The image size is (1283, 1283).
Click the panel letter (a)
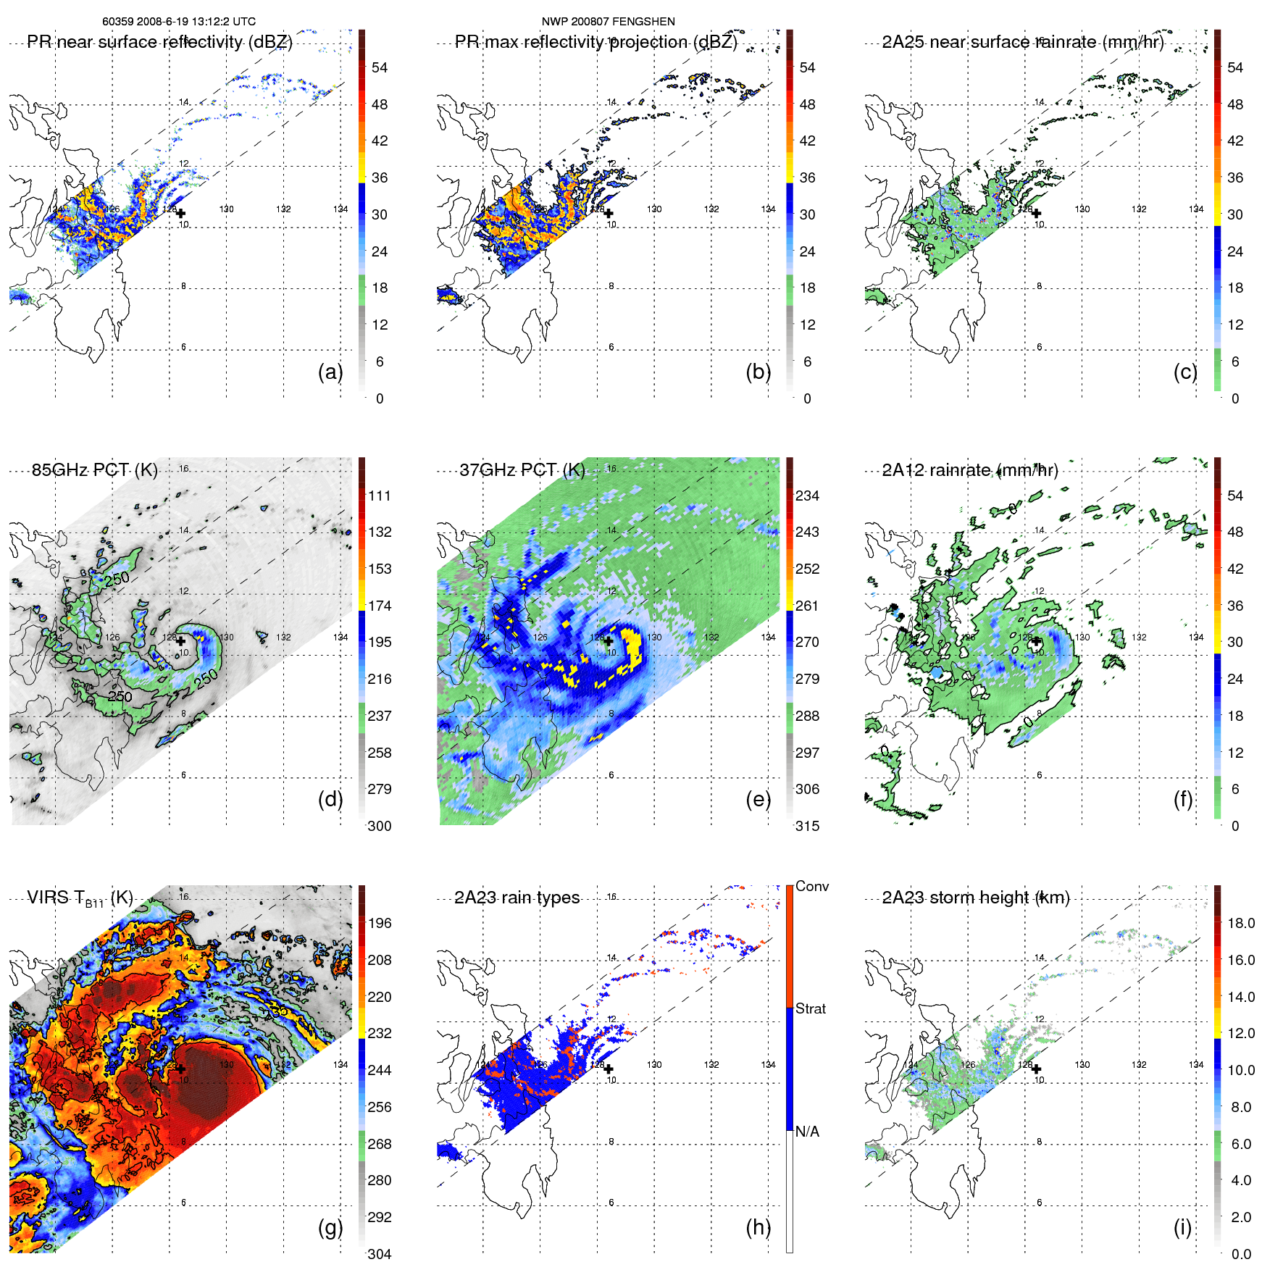pos(330,372)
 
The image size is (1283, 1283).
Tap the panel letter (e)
pos(758,800)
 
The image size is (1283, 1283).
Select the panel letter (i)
pos(1182,1227)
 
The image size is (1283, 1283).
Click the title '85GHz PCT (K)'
pos(94,469)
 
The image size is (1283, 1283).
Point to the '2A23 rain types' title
pos(517,898)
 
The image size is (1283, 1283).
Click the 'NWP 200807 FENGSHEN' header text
pos(608,22)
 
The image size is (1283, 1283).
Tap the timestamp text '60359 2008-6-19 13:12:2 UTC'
pos(179,22)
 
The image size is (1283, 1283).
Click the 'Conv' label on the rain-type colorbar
pos(811,886)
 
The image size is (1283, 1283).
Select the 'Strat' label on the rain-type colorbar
pos(810,1008)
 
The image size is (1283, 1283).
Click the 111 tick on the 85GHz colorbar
pos(380,496)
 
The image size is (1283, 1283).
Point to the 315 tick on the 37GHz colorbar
pos(807,826)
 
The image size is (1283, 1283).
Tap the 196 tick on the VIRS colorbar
pos(380,923)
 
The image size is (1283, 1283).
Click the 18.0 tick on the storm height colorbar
pos(1240,923)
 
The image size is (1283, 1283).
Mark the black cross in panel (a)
pos(180,213)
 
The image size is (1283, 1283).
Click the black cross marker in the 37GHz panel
pos(609,640)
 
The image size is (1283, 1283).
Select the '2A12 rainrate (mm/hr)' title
pos(969,470)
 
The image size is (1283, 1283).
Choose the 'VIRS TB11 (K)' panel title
pos(80,898)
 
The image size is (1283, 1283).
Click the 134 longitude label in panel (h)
pos(768,1064)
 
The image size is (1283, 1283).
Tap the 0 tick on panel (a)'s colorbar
pos(380,398)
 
